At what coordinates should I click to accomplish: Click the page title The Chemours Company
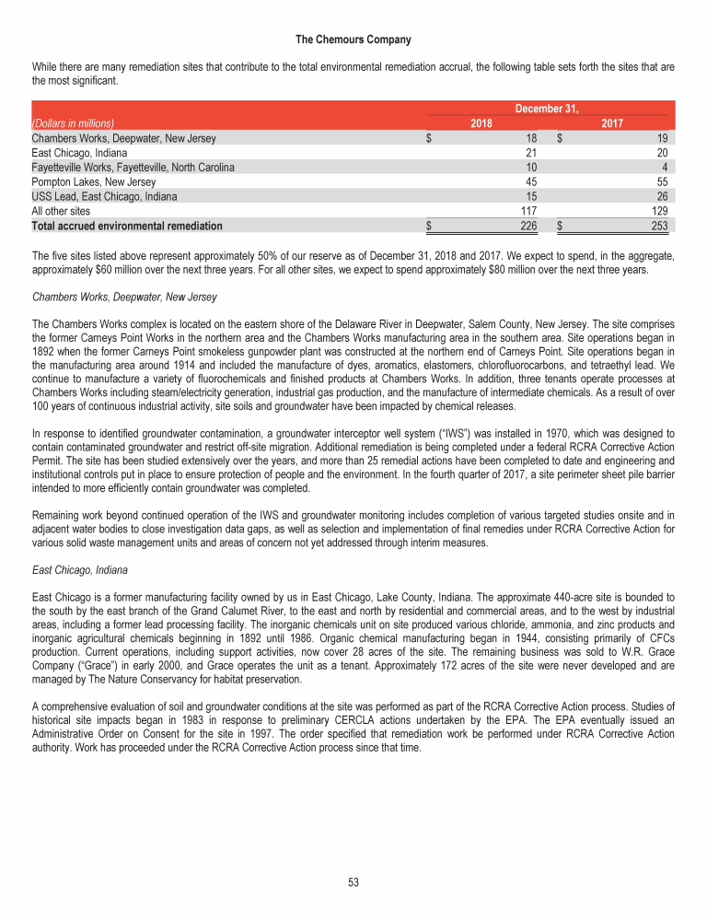pyautogui.click(x=353, y=40)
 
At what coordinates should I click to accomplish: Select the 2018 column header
pyautogui.click(x=481, y=122)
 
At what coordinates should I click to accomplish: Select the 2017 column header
pyautogui.click(x=612, y=122)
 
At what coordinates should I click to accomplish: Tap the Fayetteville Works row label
pyautogui.click(x=133, y=167)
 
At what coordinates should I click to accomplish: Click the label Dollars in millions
pyautogui.click(x=73, y=123)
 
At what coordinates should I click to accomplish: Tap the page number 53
pyautogui.click(x=353, y=882)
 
